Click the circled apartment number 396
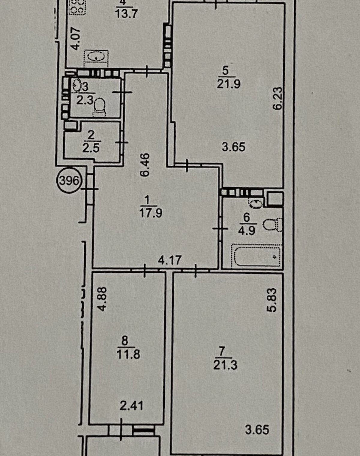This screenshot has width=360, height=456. [69, 181]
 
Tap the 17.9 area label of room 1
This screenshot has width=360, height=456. [151, 213]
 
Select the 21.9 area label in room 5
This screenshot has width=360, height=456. [229, 84]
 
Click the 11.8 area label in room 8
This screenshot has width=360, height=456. [128, 354]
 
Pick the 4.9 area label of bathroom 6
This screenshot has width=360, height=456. [246, 230]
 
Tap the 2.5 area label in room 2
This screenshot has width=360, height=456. [91, 148]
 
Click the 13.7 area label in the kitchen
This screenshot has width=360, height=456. [126, 14]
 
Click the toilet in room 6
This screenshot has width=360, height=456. [273, 225]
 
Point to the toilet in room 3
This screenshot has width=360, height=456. [100, 107]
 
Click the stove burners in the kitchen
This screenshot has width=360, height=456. [77, 7]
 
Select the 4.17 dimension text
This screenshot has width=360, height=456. [170, 260]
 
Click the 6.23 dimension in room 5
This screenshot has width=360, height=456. [278, 98]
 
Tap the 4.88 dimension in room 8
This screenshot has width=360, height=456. [102, 299]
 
